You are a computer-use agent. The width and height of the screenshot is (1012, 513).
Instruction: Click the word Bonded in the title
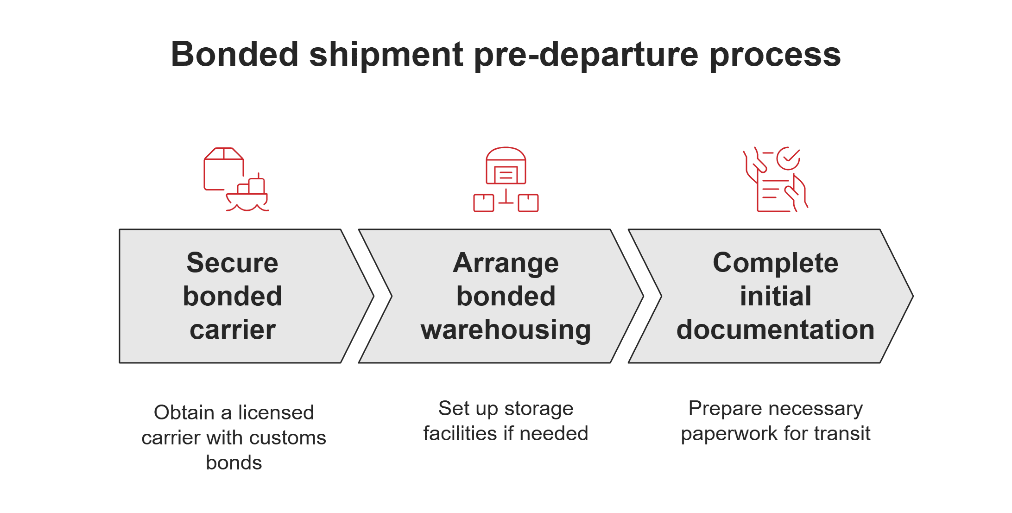point(234,55)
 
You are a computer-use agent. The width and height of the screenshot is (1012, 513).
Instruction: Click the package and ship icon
point(236,180)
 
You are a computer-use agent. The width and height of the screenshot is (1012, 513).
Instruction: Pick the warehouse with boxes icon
point(506,180)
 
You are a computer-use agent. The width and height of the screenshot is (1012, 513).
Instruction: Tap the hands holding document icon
point(775,180)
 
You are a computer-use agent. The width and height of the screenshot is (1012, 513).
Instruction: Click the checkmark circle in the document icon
point(788,158)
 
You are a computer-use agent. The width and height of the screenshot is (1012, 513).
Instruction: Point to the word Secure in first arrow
point(233,263)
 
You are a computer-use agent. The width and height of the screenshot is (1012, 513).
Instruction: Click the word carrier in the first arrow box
point(233,329)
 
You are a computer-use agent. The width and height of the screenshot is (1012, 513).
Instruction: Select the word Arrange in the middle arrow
point(506,263)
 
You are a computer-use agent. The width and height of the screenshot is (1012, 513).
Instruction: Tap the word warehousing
point(506,329)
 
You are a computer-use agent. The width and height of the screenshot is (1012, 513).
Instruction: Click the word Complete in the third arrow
point(775,263)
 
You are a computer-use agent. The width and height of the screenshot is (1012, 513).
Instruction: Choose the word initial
point(775,296)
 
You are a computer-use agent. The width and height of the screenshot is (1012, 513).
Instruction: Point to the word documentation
point(775,329)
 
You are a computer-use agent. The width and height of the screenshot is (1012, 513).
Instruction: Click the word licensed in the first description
point(276,412)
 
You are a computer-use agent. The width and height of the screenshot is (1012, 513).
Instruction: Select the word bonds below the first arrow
point(234,462)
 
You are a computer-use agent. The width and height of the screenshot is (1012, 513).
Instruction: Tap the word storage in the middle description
point(538,409)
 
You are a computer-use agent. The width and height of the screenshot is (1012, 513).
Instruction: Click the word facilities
point(460,434)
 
